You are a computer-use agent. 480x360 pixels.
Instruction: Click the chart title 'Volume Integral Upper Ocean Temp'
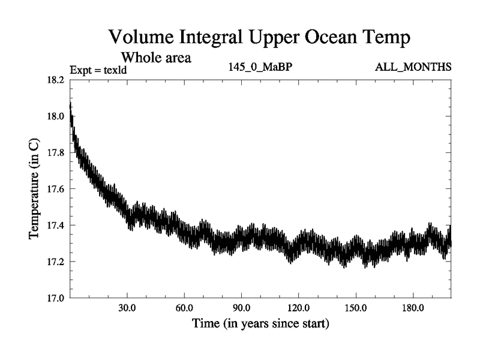point(260,38)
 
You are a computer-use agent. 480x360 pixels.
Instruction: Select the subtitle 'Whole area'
point(157,58)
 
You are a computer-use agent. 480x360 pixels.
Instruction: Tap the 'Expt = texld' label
point(99,70)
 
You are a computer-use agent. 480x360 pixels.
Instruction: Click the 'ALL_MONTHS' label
point(413,67)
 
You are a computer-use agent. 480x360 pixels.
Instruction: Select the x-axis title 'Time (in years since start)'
point(260,325)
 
